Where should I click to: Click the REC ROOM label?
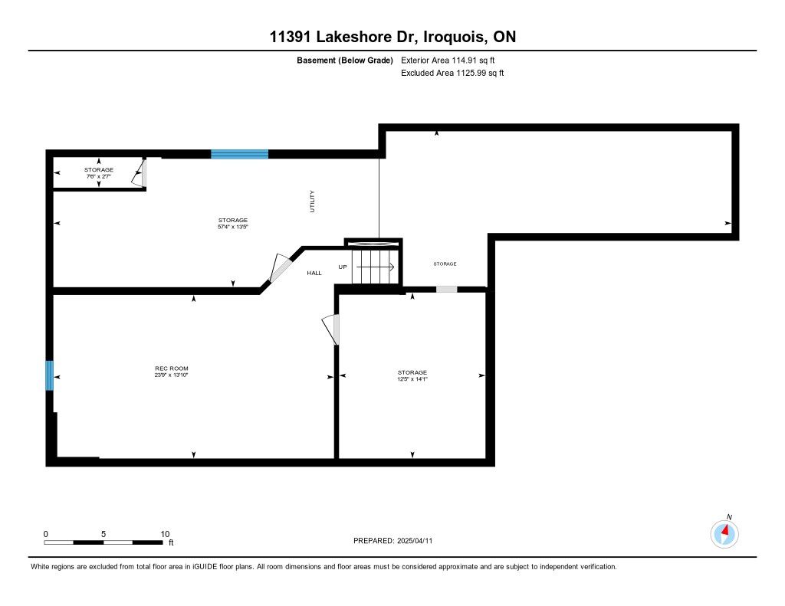pyautogui.click(x=171, y=369)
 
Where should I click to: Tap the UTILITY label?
pyautogui.click(x=312, y=201)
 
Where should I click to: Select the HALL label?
pyautogui.click(x=314, y=273)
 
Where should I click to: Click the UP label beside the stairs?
pyautogui.click(x=343, y=267)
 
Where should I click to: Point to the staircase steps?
pyautogui.click(x=374, y=266)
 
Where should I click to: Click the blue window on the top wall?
pyautogui.click(x=239, y=154)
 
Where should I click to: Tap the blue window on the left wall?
pyautogui.click(x=50, y=375)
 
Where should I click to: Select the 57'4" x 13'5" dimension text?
pyautogui.click(x=233, y=227)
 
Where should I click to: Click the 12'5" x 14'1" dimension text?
pyautogui.click(x=412, y=378)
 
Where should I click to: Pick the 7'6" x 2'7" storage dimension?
pyautogui.click(x=98, y=176)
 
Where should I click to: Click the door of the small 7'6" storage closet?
pyautogui.click(x=139, y=173)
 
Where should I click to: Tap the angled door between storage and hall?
pyautogui.click(x=279, y=267)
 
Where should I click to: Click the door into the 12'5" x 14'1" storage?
pyautogui.click(x=331, y=329)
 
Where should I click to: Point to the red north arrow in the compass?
pyautogui.click(x=725, y=530)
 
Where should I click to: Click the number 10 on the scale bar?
pyautogui.click(x=165, y=534)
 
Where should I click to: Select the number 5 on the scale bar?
pyautogui.click(x=103, y=534)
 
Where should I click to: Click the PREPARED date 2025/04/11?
pyautogui.click(x=415, y=540)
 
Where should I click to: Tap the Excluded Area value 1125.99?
pyautogui.click(x=470, y=73)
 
